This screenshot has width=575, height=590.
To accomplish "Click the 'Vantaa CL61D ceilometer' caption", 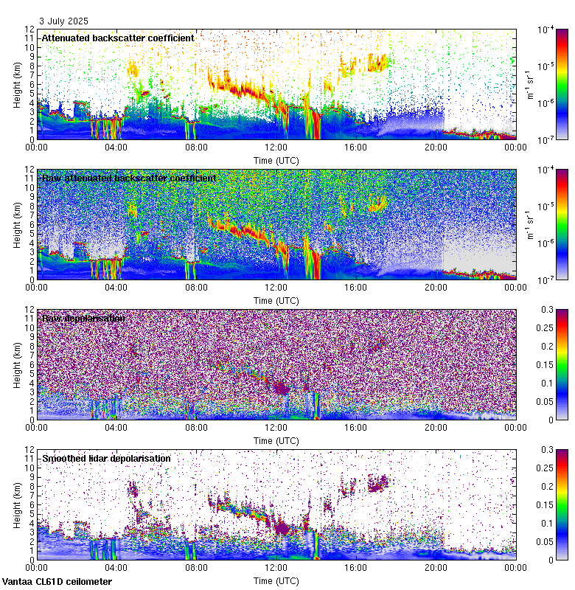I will [x=57, y=582].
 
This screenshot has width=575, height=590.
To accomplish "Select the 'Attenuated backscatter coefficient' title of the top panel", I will [x=118, y=38].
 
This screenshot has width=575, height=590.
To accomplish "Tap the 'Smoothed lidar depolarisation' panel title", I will [x=106, y=458].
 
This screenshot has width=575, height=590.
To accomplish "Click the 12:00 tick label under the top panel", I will [x=276, y=147].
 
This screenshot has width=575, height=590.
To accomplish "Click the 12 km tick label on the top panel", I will [x=29, y=29].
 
